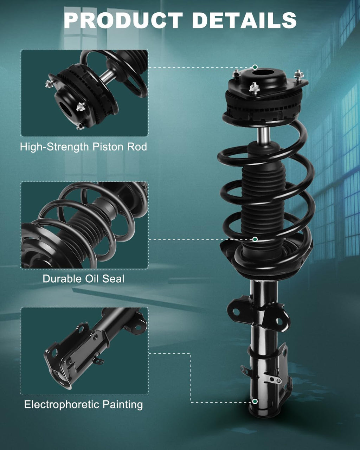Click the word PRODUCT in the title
(x=123, y=20)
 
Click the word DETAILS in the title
(x=244, y=20)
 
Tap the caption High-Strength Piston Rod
(x=83, y=147)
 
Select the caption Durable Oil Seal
(x=83, y=279)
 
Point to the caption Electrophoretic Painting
(x=83, y=405)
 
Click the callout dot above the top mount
(x=255, y=67)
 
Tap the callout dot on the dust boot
(x=255, y=239)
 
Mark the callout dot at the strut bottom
(x=255, y=401)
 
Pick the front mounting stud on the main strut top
(x=254, y=87)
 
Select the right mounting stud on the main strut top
(x=298, y=75)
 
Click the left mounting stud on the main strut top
(x=236, y=74)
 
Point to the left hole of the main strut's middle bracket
(x=236, y=312)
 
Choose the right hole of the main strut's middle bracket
(x=279, y=321)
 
